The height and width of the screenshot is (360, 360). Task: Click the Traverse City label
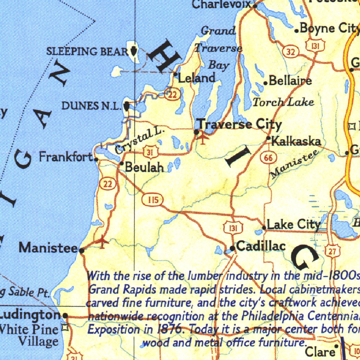coord(239,124)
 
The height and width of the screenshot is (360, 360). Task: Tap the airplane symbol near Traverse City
coord(203,139)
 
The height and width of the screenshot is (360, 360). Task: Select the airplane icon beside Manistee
coord(102,242)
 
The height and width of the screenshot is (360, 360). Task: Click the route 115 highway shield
coord(152,201)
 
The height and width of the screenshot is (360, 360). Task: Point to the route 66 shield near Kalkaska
coord(269,158)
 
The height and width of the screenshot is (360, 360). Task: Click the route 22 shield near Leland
coord(172,94)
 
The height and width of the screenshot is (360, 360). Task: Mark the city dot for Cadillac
coord(232,249)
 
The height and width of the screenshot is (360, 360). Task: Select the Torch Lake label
coord(283,102)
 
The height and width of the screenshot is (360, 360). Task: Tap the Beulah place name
coord(144,168)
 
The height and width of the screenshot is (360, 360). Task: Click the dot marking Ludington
coord(65,315)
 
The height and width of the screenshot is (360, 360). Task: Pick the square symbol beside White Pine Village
coord(64,328)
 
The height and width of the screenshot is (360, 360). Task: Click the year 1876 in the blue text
coord(170,329)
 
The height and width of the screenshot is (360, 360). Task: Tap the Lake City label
coord(294,224)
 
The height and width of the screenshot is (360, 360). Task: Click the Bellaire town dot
coord(266,83)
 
